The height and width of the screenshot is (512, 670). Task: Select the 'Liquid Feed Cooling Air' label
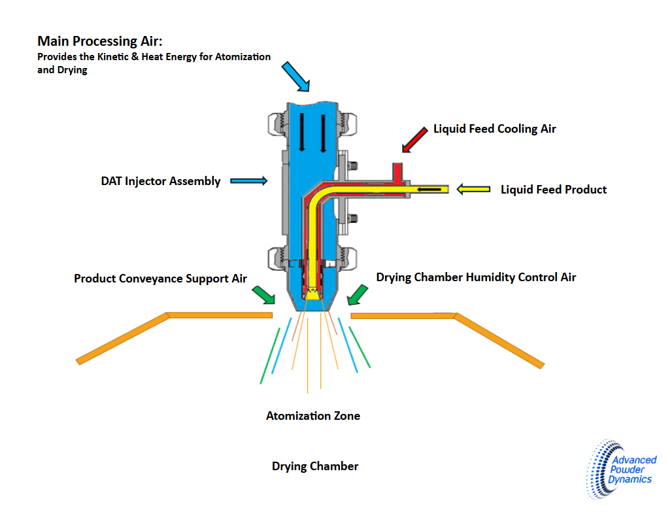pyautogui.click(x=495, y=129)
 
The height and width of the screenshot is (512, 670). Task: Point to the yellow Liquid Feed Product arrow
pyautogui.click(x=474, y=189)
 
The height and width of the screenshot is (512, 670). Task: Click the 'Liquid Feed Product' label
pyautogui.click(x=554, y=190)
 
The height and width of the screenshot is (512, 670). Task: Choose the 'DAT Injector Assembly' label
pyautogui.click(x=161, y=181)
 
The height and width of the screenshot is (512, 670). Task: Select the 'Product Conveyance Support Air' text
pyautogui.click(x=160, y=279)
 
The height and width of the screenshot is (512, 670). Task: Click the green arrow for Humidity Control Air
pyautogui.click(x=357, y=294)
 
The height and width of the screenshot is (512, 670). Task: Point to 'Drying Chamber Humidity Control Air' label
pyautogui.click(x=476, y=277)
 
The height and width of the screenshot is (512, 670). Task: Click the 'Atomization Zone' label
pyautogui.click(x=313, y=416)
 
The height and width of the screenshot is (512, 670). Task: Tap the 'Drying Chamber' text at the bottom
pyautogui.click(x=315, y=466)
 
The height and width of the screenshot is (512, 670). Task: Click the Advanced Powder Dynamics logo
pyautogui.click(x=620, y=469)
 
